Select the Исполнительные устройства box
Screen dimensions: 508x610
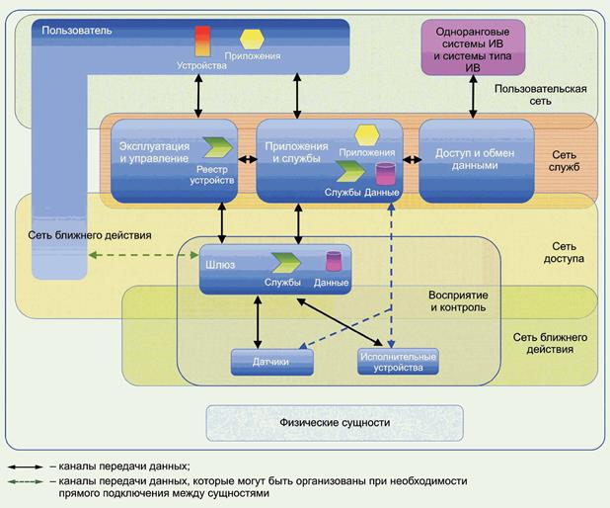coord(396,362)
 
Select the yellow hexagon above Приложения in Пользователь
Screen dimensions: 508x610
coord(252,39)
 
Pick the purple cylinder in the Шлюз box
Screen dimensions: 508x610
coord(333,262)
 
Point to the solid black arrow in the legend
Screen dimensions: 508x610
coord(27,465)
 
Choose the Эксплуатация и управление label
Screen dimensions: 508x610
coord(149,153)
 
